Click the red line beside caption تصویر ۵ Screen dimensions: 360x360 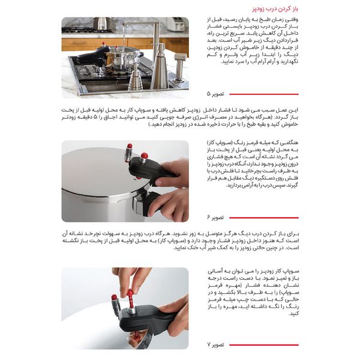[264, 94]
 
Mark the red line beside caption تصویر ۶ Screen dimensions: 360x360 [264, 218]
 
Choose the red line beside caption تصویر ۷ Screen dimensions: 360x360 [264, 345]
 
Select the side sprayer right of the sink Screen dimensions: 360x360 [180, 66]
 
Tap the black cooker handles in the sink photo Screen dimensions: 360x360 [90, 57]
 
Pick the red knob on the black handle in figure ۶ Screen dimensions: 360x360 [144, 157]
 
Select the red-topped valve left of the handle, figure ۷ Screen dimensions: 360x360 [114, 299]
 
